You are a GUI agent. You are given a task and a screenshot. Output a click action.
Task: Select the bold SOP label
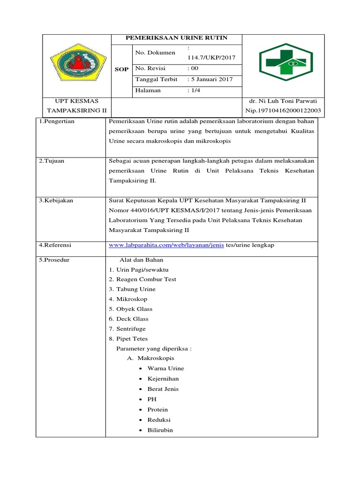tap(122, 69)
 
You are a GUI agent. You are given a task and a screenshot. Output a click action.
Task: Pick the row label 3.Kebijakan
tap(56, 201)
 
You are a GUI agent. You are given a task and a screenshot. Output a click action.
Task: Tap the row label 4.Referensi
tap(55, 245)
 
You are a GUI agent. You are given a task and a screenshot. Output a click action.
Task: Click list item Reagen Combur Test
tap(145, 279)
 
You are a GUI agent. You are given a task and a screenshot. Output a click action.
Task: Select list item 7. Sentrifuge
tap(134, 329)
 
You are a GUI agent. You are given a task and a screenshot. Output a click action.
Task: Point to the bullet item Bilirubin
tap(160, 429)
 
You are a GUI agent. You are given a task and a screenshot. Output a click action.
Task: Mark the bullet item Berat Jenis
tap(163, 389)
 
